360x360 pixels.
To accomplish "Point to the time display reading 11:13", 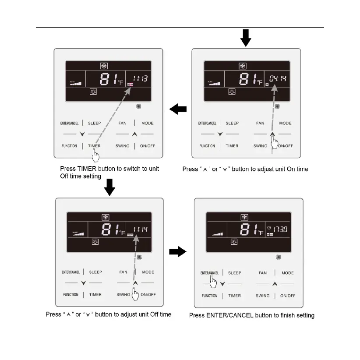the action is tap(140, 79).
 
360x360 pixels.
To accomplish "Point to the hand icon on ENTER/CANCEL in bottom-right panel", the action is tap(214, 283).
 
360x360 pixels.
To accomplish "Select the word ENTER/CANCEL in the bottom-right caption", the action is tap(234, 315).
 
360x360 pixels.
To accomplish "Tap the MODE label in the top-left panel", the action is tap(148, 124).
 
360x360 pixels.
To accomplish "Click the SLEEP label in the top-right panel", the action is tap(232, 124).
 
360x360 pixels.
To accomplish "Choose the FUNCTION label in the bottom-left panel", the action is tap(71, 295).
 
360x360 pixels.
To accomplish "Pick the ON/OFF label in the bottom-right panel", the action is tap(288, 296).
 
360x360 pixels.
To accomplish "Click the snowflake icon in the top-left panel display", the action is tap(104, 66).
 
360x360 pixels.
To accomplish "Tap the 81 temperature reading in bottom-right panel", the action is tap(247, 229).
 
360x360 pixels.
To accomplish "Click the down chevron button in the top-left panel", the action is tap(81, 134).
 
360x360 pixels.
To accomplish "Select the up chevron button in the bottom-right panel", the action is tap(275, 284).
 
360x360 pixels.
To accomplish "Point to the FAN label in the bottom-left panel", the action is tap(124, 272).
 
